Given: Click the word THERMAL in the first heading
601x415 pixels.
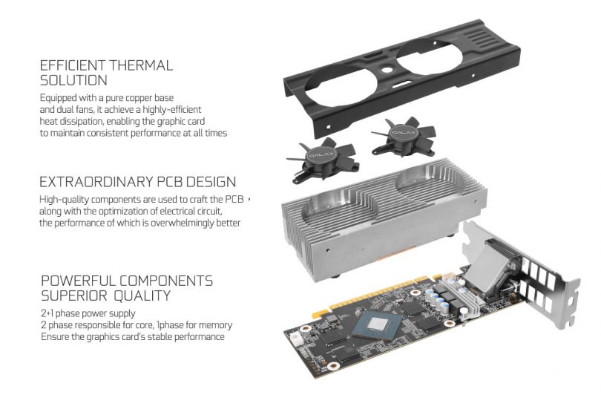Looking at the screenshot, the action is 139,65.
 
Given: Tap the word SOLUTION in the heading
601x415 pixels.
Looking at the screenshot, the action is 73,80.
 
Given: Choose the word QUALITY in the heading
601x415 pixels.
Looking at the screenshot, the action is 142,295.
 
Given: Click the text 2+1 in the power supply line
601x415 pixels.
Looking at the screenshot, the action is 47,313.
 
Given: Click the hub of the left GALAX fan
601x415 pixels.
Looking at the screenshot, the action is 321,155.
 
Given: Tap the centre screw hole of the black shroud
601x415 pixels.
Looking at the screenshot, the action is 387,71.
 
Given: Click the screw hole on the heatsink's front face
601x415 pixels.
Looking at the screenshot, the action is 327,250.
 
